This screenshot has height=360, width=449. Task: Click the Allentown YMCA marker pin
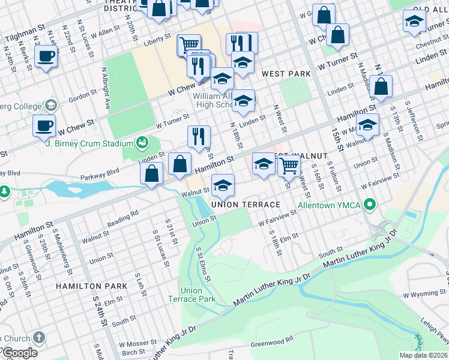[x=370, y=206]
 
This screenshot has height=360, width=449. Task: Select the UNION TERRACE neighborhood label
[x=246, y=205]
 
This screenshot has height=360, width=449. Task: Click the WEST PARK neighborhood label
[x=286, y=74]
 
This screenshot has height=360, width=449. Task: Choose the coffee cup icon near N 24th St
[x=45, y=58]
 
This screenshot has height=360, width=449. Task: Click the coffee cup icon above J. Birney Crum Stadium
[x=44, y=126]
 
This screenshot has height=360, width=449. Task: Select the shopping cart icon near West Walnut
[x=289, y=165]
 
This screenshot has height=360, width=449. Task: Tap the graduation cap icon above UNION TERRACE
[x=223, y=185]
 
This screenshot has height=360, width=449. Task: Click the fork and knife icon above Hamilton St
[x=199, y=136]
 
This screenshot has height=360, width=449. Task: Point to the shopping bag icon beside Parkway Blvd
[x=152, y=173]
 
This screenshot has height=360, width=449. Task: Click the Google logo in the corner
[x=20, y=353]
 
